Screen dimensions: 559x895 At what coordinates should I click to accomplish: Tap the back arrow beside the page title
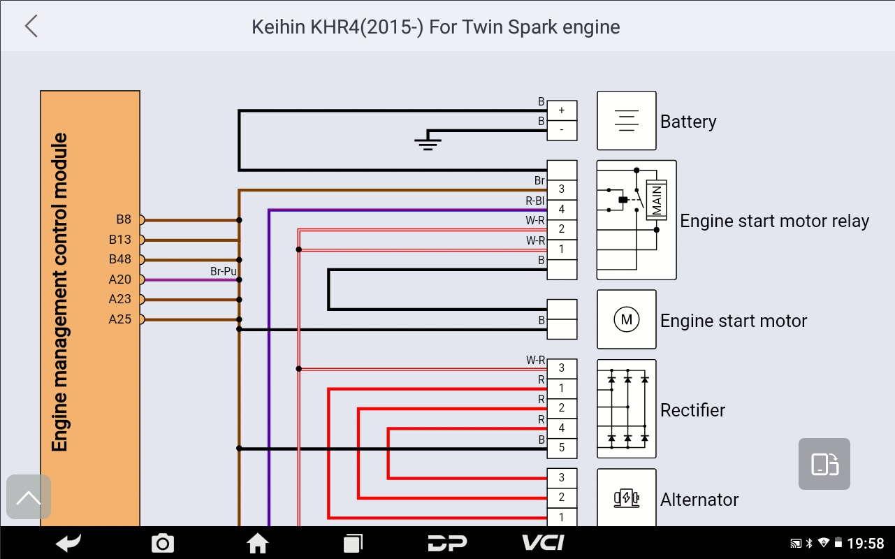31,27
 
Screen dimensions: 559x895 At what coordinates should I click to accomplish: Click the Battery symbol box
626,120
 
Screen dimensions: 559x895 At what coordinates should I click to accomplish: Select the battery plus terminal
562,110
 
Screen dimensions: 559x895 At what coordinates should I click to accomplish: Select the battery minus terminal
562,130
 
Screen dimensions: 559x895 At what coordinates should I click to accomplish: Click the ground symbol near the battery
428,143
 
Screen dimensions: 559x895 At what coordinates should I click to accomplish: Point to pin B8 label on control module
124,219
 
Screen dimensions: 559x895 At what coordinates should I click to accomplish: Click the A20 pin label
120,279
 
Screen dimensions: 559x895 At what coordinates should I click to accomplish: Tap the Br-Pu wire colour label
224,271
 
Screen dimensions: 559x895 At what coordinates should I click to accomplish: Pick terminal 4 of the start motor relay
562,210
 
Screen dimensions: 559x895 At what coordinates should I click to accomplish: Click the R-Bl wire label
535,201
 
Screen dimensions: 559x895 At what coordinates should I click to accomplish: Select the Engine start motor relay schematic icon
636,219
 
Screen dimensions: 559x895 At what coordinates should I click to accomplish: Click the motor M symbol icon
626,320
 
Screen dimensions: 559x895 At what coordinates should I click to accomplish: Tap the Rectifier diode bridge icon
626,409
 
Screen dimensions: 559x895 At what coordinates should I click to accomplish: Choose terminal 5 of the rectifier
562,448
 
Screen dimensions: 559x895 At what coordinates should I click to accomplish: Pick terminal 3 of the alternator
562,478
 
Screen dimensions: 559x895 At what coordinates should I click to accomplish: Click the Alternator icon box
626,498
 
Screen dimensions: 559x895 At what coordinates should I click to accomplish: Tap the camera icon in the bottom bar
163,543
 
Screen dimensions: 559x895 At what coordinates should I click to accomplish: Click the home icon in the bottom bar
258,543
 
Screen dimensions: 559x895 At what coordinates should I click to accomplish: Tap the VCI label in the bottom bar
543,543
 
